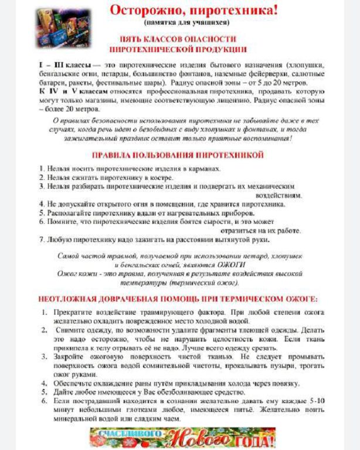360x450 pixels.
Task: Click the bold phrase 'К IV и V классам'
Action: [x=72, y=93]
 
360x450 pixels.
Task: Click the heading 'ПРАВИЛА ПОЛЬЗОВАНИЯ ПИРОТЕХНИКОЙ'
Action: [x=178, y=155]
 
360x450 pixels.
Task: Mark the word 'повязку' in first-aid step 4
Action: [x=286, y=384]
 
